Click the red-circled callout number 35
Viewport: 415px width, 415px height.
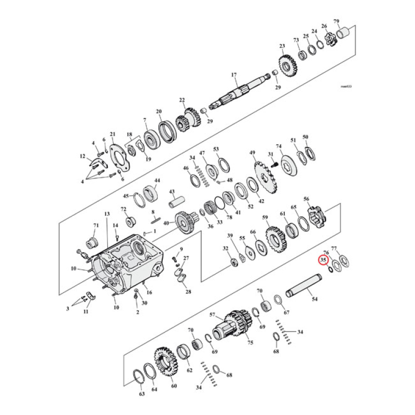click(x=323, y=260)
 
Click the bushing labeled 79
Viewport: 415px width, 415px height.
click(x=342, y=34)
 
